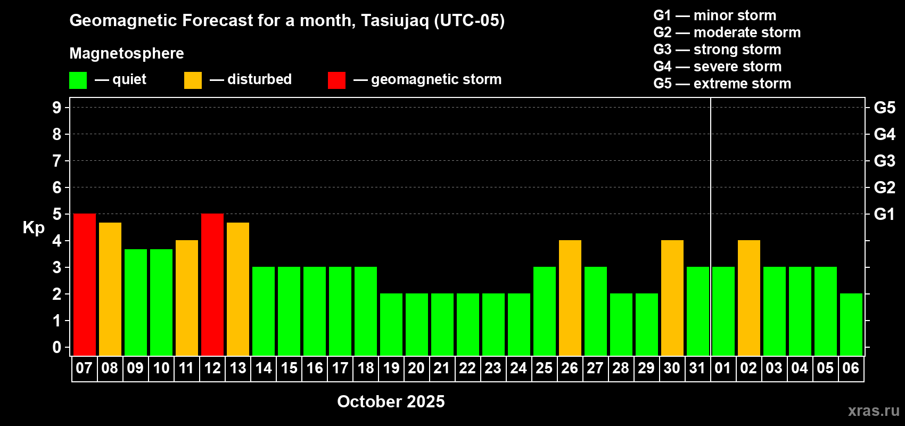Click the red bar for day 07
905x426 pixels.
85,284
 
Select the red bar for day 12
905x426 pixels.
212,284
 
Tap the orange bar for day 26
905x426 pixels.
570,298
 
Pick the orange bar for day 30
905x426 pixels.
672,298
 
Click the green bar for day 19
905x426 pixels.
391,324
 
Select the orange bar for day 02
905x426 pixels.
749,298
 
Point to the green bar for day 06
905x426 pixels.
851,324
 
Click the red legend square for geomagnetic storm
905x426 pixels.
337,80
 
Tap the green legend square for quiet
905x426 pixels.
78,80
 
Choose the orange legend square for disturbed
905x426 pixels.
193,80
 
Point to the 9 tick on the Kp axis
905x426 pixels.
57,108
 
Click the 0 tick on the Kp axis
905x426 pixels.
57,347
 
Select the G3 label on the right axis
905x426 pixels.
884,161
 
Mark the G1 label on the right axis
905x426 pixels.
884,214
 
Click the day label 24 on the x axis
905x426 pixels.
519,368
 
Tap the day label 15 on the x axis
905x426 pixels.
289,368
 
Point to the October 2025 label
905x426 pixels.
391,402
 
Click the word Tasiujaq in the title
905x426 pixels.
394,21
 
